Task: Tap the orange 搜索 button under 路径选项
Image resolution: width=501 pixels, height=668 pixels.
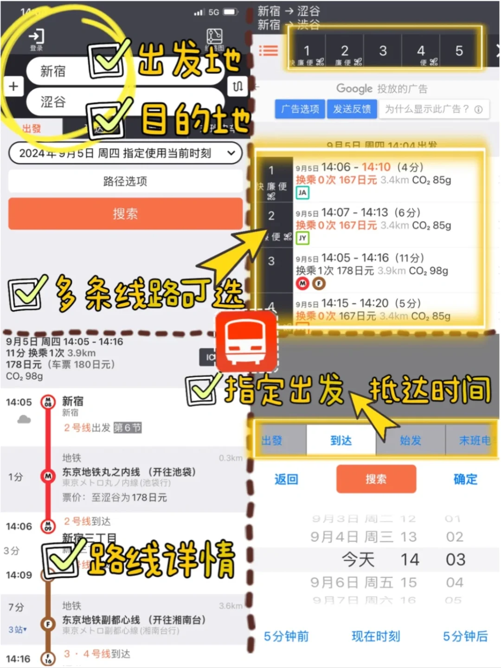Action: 125,214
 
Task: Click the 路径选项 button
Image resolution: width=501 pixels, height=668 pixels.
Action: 125,181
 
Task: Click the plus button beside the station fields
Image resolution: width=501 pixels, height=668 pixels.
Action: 13,86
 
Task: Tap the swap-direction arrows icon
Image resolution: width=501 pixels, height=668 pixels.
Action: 238,86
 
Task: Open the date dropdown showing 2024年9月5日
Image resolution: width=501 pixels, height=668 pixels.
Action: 125,153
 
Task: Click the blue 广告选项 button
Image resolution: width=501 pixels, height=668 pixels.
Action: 300,109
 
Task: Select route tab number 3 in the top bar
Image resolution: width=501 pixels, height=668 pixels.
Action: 383,51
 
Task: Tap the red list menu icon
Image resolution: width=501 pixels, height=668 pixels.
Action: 269,51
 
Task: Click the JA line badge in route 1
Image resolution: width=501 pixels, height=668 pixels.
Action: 302,193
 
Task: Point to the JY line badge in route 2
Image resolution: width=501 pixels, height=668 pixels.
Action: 302,238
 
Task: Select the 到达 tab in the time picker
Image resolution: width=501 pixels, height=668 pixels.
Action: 341,440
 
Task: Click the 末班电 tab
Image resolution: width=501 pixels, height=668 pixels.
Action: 473,440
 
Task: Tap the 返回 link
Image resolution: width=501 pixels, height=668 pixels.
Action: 286,479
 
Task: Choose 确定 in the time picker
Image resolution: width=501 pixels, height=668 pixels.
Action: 465,479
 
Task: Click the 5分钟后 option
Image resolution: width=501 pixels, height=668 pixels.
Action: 465,636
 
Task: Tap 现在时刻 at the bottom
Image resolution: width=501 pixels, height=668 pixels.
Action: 376,636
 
